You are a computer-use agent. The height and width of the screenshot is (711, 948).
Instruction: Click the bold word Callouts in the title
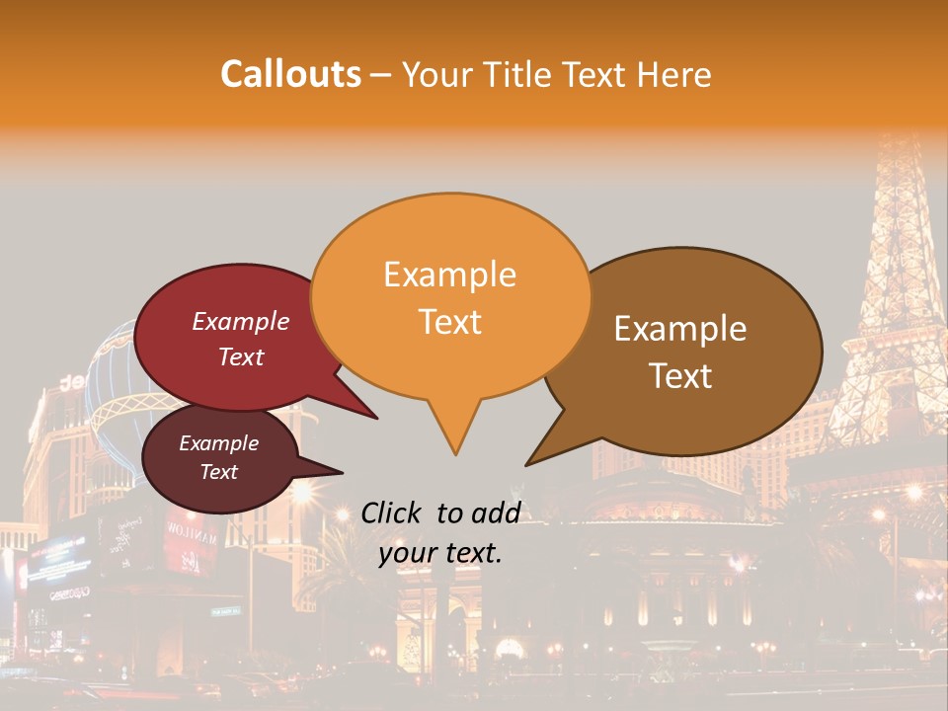point(290,74)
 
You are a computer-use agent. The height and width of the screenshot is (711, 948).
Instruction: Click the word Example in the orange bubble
point(449,275)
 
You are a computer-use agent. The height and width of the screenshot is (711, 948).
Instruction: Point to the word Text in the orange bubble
point(449,322)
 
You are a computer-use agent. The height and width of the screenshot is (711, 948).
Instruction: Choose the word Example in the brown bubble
point(680,329)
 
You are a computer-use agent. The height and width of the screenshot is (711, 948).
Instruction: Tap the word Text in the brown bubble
point(680,376)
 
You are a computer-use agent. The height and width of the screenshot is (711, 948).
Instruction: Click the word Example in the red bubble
point(240,321)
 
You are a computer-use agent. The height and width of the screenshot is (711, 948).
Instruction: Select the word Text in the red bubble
point(240,356)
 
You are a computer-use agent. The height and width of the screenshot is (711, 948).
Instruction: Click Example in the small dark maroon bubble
point(218,443)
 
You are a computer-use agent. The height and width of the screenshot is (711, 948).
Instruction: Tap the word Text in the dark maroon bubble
point(218,472)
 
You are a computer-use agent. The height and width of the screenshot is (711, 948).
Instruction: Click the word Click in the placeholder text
point(392,513)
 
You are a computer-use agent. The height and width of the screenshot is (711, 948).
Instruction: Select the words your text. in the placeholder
point(440,553)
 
